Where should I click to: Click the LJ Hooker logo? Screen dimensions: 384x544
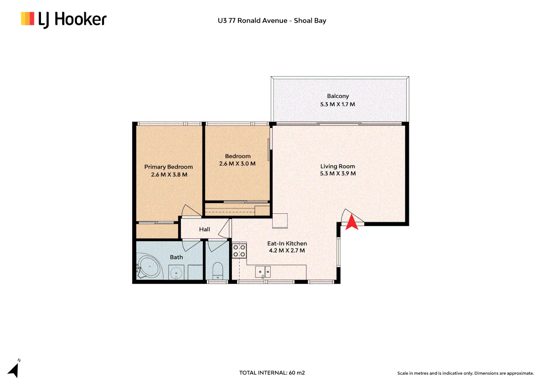pyautogui.click(x=64, y=20)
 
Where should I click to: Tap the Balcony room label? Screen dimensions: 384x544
pyautogui.click(x=338, y=96)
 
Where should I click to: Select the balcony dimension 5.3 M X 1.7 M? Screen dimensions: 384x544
pyautogui.click(x=337, y=104)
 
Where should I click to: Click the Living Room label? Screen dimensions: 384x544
pyautogui.click(x=337, y=166)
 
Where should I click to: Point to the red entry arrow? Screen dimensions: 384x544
pyautogui.click(x=352, y=223)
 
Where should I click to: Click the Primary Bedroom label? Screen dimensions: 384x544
pyautogui.click(x=168, y=167)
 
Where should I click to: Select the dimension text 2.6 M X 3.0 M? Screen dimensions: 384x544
pyautogui.click(x=237, y=164)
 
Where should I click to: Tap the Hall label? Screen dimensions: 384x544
pyautogui.click(x=204, y=229)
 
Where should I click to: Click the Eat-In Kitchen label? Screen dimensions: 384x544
pyautogui.click(x=287, y=244)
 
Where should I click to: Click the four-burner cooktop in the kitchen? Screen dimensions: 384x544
pyautogui.click(x=239, y=251)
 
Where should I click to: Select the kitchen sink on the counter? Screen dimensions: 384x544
pyautogui.click(x=263, y=272)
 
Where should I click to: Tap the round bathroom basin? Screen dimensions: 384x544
pyautogui.click(x=176, y=273)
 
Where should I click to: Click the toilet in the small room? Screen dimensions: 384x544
pyautogui.click(x=217, y=271)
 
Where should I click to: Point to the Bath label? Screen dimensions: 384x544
pyautogui.click(x=176, y=257)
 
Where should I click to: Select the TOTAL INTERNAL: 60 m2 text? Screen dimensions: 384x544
pyautogui.click(x=272, y=373)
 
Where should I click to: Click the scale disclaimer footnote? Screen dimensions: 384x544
pyautogui.click(x=465, y=373)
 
